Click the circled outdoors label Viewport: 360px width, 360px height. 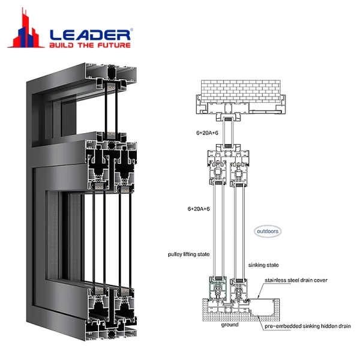point(266,230)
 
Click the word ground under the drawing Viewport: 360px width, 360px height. point(229,325)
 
